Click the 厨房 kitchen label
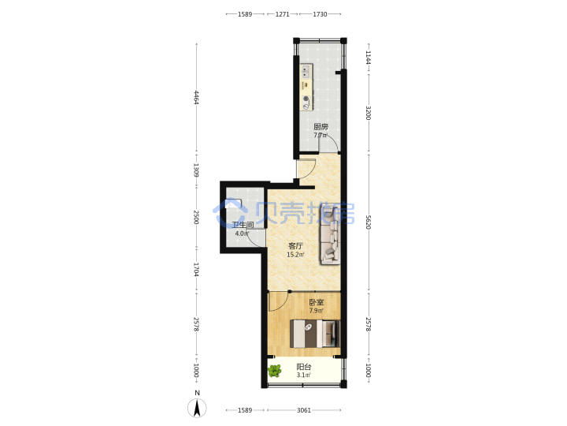click(321, 127)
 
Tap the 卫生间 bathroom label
click(243, 226)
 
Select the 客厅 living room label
click(295, 246)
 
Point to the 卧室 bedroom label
click(316, 302)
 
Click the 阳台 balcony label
click(304, 367)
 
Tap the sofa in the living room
click(330, 234)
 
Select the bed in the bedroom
click(315, 334)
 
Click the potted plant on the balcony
click(275, 371)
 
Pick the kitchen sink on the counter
click(306, 71)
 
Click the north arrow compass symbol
click(197, 409)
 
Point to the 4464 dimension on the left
click(196, 98)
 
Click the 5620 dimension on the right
click(368, 222)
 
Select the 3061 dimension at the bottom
click(304, 410)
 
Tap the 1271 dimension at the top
click(283, 14)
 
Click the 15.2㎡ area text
click(295, 255)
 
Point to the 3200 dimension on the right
click(368, 113)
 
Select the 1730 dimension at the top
click(320, 14)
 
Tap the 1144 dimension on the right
click(368, 58)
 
